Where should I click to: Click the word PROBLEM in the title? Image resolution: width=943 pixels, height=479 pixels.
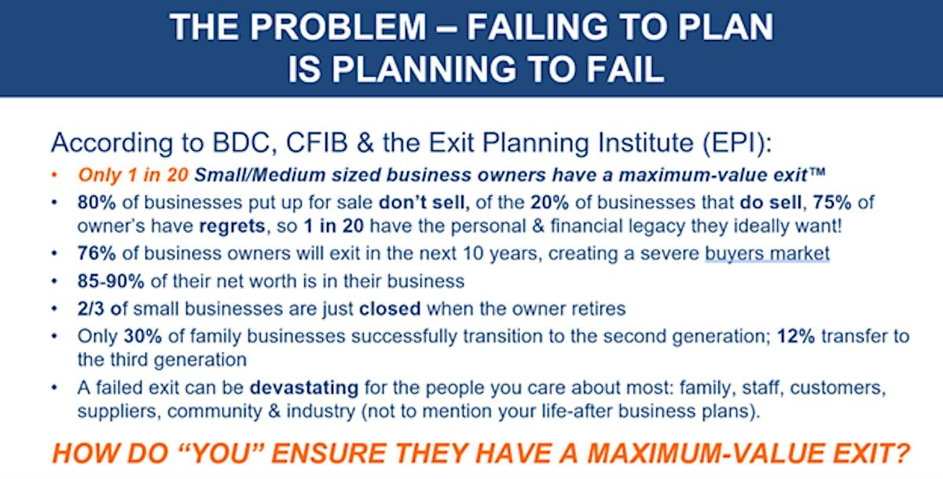click(x=338, y=27)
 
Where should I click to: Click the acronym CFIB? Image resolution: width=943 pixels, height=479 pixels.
click(x=317, y=143)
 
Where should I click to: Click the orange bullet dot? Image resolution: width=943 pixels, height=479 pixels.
click(x=54, y=175)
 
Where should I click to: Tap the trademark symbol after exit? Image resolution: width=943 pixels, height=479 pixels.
click(x=816, y=171)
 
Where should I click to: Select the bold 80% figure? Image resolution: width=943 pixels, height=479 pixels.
click(x=97, y=203)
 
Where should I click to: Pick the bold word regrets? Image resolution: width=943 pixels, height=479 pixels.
click(x=232, y=227)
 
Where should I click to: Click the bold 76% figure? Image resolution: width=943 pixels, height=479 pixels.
click(x=97, y=254)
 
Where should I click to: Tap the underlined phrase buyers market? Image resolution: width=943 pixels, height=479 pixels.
click(x=767, y=254)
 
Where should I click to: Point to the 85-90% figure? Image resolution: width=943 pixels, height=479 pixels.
click(x=111, y=281)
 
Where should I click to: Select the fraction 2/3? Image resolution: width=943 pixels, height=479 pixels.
click(x=90, y=309)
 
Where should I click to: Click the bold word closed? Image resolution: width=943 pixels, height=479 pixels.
click(x=390, y=309)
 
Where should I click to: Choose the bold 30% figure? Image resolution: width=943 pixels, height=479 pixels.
click(x=143, y=336)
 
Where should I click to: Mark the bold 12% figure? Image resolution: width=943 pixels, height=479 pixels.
click(x=795, y=336)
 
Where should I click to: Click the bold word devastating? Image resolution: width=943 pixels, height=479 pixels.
click(x=304, y=388)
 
